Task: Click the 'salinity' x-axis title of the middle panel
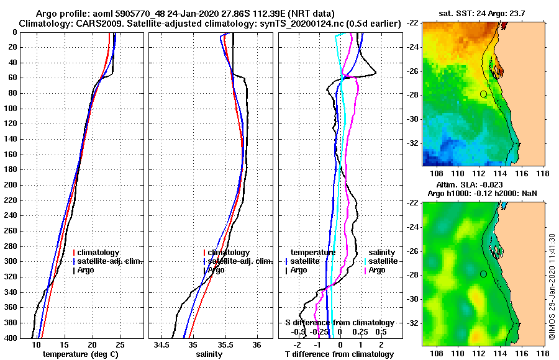pyautogui.click(x=209, y=354)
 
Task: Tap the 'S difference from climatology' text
pyautogui.click(x=339, y=323)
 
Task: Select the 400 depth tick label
pyautogui.click(x=11, y=338)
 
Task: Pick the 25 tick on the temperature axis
pyautogui.click(x=120, y=344)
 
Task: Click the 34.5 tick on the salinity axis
pyautogui.click(x=162, y=344)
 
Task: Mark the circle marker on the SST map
pyautogui.click(x=483, y=94)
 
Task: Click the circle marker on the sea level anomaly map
pyautogui.click(x=483, y=274)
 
